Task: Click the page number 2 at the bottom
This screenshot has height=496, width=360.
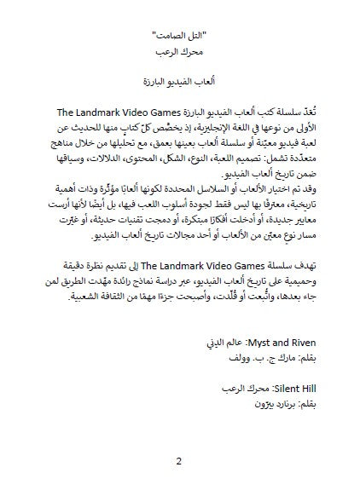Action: (x=179, y=463)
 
